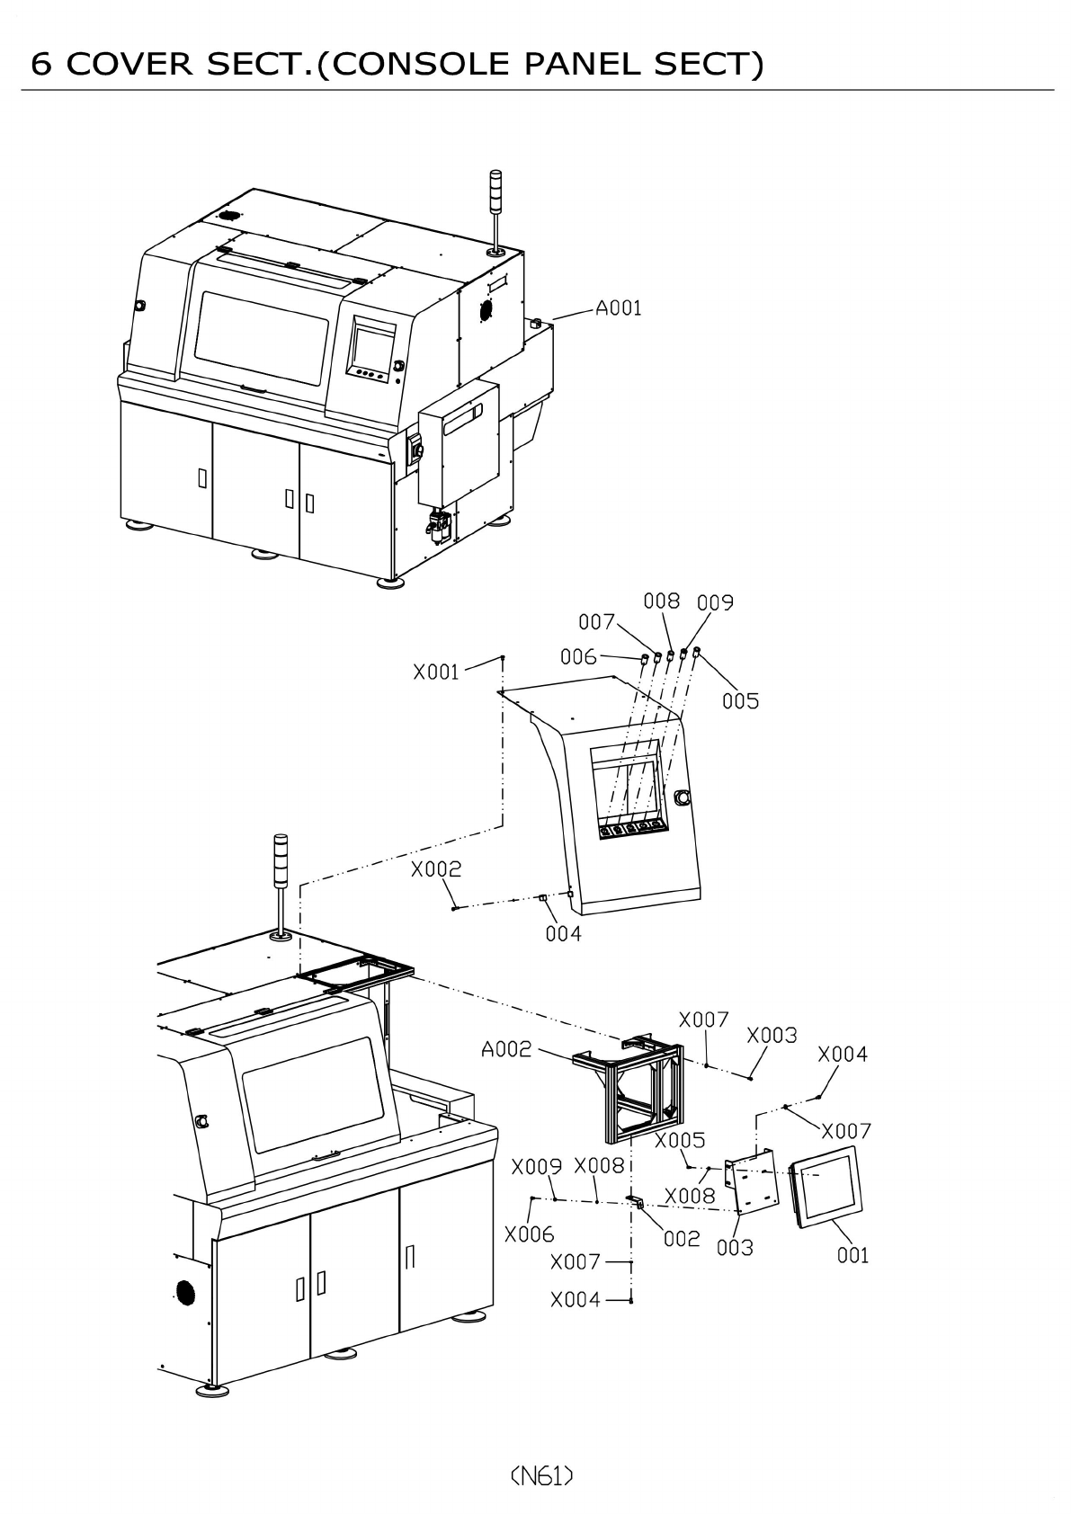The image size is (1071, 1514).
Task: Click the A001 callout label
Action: pos(619,308)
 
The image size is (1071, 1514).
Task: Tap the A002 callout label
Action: pos(506,1049)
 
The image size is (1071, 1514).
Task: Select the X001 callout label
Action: pos(436,672)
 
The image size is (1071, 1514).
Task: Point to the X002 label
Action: pos(436,869)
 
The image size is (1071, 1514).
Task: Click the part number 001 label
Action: pos(853,1255)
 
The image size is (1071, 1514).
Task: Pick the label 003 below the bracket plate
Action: pos(735,1248)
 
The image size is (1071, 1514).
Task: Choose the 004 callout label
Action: pos(564,934)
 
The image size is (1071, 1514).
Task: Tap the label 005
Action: pos(741,701)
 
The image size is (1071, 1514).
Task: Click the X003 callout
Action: pos(772,1036)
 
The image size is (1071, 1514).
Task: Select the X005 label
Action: pos(680,1141)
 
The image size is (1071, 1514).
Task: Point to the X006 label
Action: pos(529,1234)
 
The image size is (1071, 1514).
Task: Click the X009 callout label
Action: pos(536,1167)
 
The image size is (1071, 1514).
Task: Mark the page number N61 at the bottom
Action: pos(541,1475)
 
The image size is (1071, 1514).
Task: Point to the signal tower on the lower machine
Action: pos(281,885)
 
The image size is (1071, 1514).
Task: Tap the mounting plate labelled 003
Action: pos(752,1185)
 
